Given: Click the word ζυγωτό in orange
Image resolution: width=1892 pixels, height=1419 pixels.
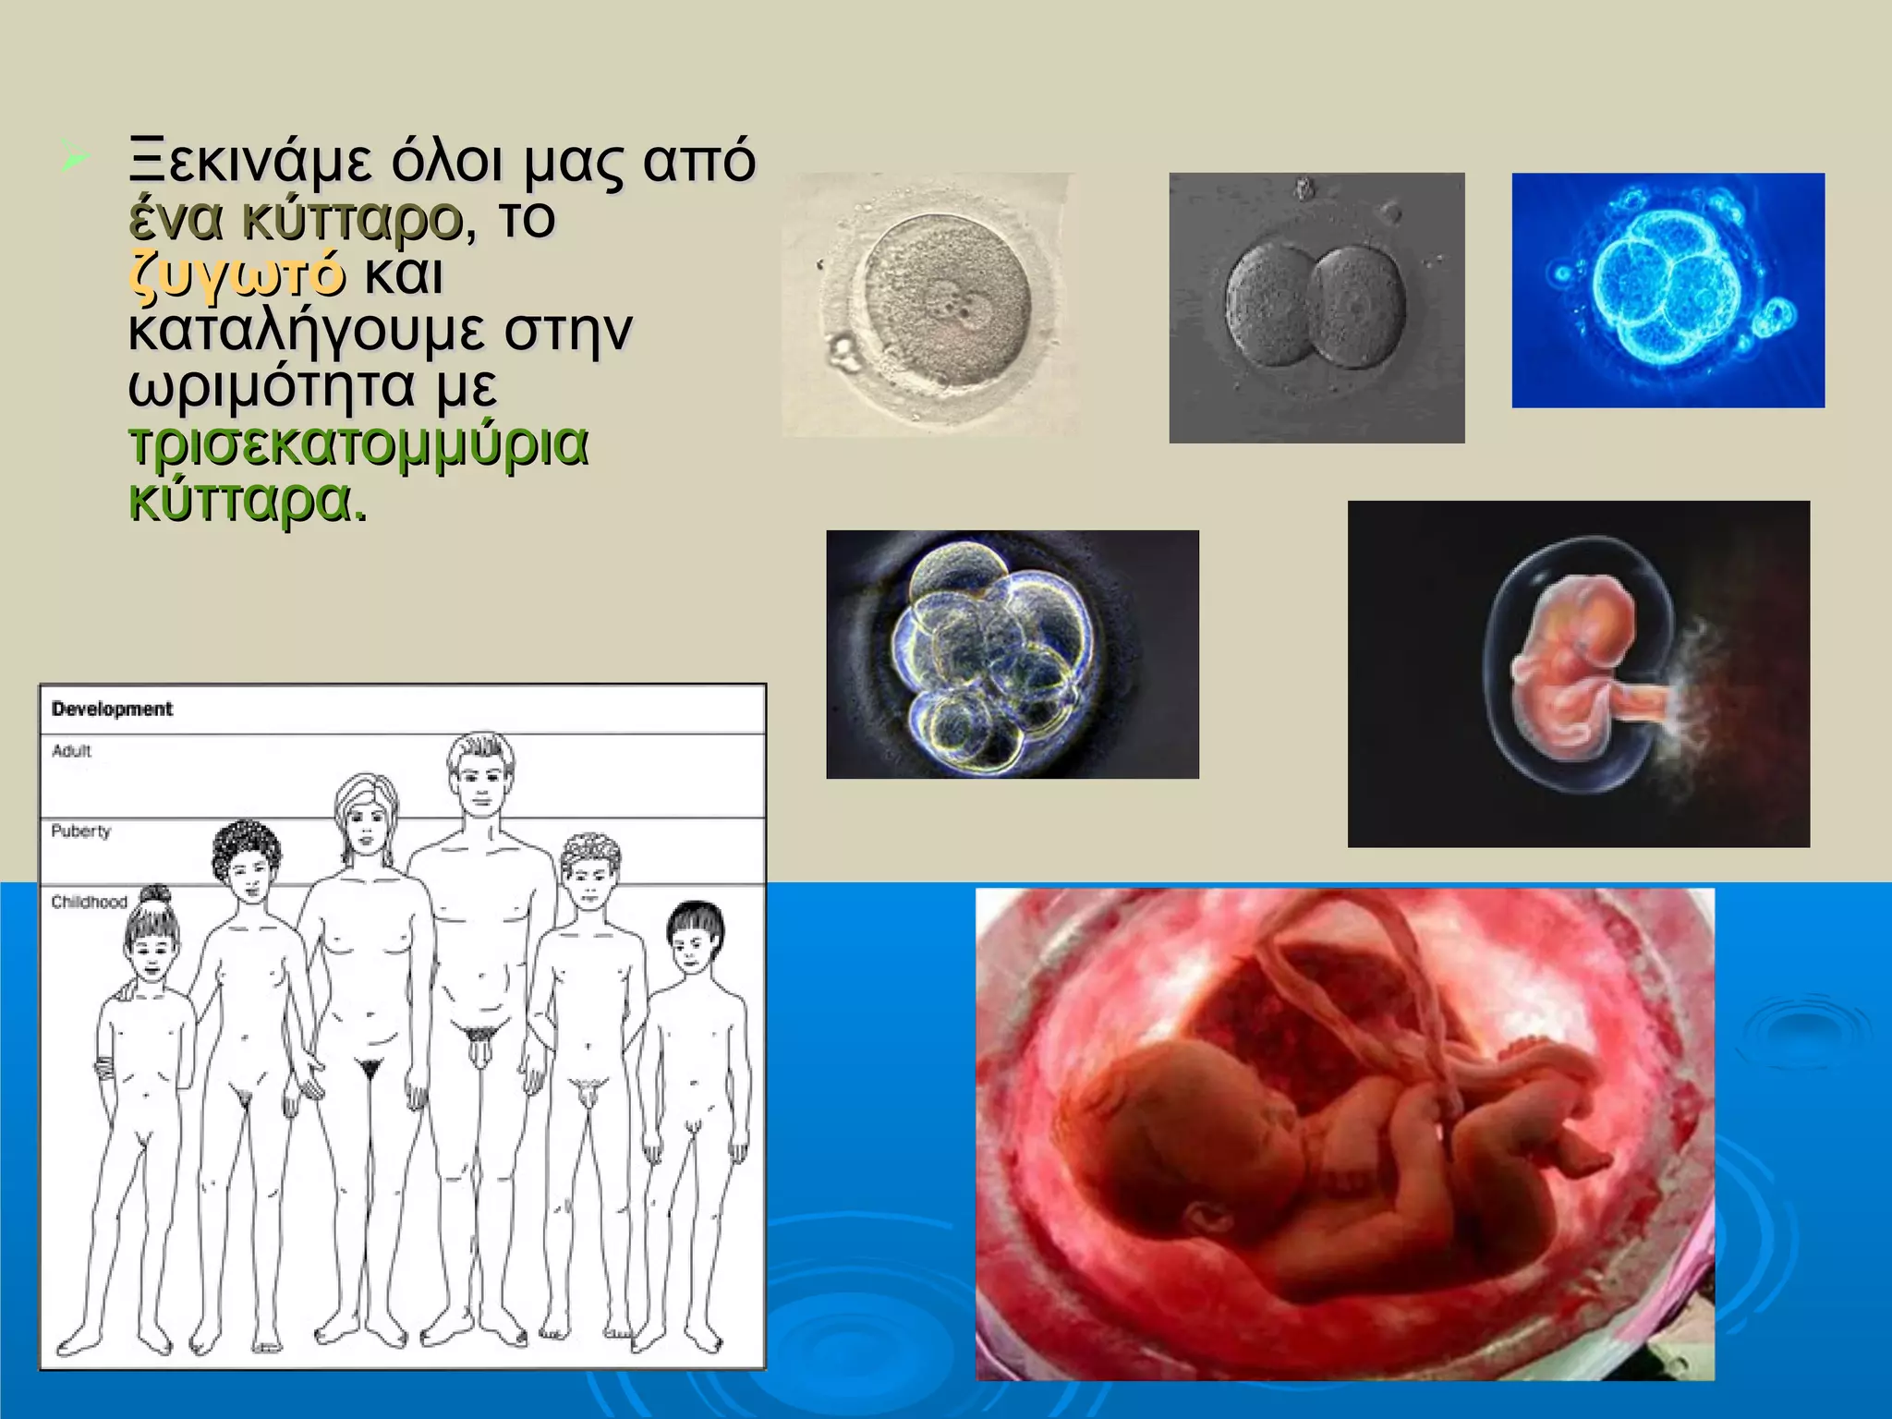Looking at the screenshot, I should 238,274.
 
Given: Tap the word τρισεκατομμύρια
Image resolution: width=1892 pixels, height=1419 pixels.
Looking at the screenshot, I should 358,444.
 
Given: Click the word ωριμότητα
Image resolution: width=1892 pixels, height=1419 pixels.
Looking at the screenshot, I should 271,386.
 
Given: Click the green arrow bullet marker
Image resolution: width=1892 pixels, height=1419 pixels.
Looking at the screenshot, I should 73,157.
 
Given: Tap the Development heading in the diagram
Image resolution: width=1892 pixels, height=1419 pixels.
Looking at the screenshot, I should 112,709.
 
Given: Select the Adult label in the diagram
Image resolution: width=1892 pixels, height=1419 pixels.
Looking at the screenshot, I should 71,751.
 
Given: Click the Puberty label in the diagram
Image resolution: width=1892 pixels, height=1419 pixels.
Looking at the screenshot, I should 80,831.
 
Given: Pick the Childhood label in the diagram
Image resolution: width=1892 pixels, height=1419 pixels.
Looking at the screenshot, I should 89,902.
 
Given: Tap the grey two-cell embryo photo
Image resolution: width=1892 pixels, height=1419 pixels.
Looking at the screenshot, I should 1316,308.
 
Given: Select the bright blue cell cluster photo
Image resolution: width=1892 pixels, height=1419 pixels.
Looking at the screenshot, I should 1668,290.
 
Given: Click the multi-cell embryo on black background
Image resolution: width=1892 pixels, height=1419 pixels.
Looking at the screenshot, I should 1012,654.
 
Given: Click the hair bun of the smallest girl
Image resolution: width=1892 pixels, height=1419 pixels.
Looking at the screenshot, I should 156,895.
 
